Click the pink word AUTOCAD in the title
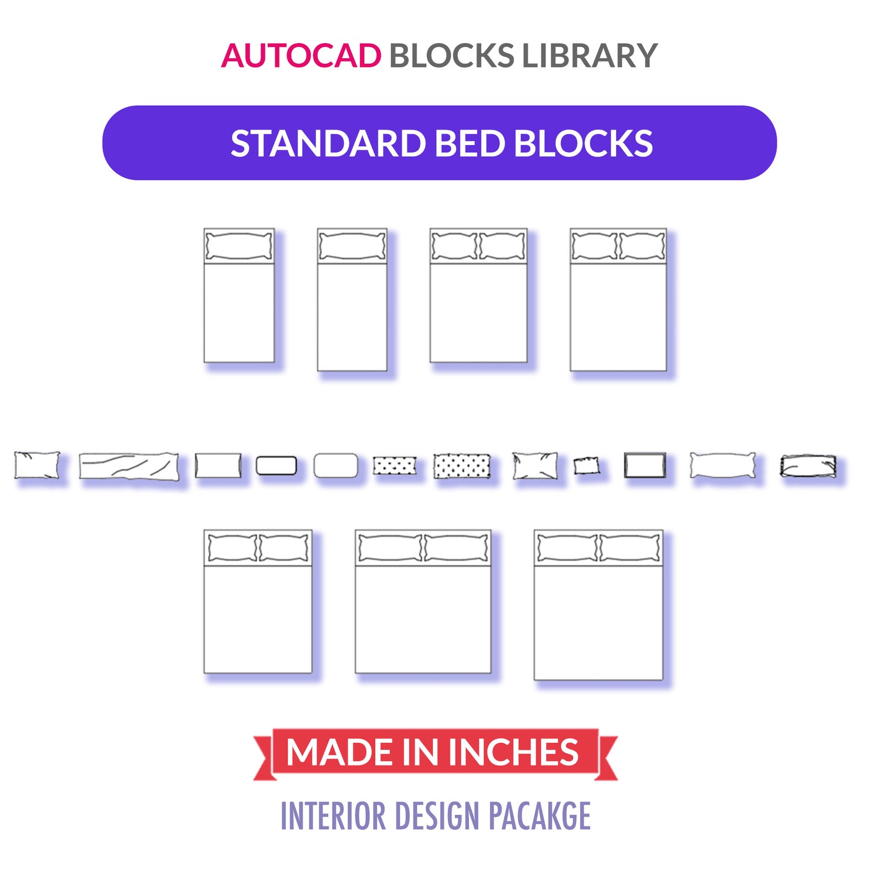[x=301, y=56]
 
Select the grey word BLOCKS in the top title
[x=452, y=56]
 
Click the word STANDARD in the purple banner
[x=328, y=143]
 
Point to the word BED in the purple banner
[x=470, y=143]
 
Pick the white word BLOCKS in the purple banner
[x=583, y=143]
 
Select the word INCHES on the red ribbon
[x=513, y=752]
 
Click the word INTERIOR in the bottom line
[x=333, y=816]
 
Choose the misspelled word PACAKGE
[x=540, y=816]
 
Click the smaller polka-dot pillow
[x=394, y=466]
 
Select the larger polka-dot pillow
[x=462, y=466]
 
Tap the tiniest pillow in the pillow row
[x=586, y=466]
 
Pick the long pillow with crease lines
[x=128, y=466]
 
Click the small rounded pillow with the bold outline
[x=276, y=466]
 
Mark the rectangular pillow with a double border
[x=645, y=465]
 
